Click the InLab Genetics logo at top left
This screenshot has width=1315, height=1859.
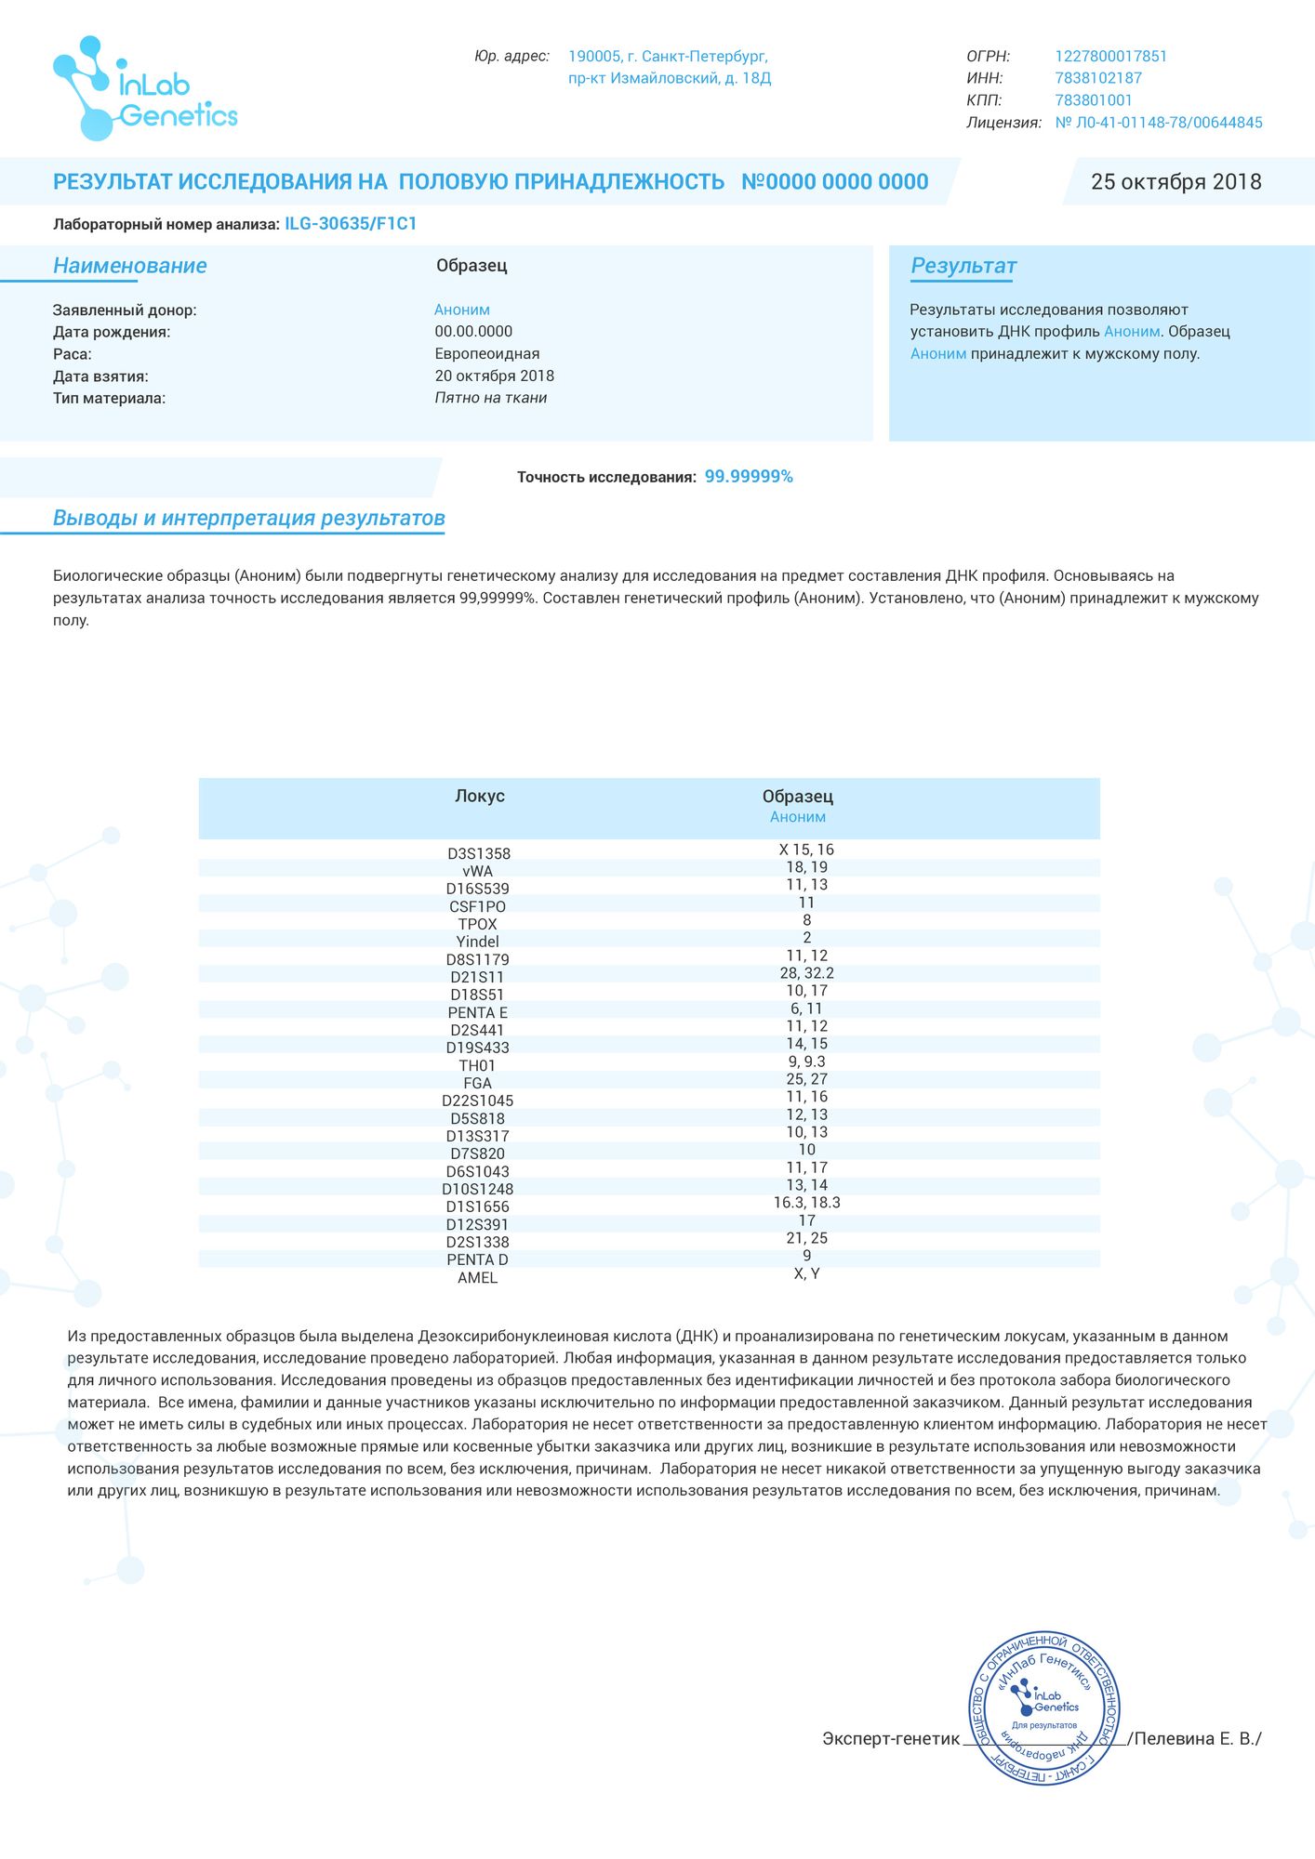pos(144,89)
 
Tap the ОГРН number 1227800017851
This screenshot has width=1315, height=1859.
pos(1110,57)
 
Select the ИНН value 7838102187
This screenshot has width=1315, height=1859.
pos(1097,79)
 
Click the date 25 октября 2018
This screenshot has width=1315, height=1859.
pos(1176,182)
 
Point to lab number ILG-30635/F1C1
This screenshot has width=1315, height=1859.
pos(351,224)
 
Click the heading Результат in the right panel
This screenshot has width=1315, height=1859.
pos(963,267)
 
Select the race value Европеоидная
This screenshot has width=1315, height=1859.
pos(486,354)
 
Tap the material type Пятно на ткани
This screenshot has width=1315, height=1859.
pos(490,399)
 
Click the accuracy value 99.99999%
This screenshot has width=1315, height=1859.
pos(749,477)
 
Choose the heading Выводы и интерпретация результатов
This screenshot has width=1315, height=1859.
pos(248,519)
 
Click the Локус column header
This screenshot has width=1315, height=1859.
pos(479,797)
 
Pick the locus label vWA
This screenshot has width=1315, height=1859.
pos(477,872)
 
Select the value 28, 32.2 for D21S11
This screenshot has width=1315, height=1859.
pos(806,973)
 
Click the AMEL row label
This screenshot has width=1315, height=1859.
pos(477,1278)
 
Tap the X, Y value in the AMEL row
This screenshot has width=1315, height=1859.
pos(806,1273)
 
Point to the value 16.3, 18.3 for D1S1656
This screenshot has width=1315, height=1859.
pos(806,1203)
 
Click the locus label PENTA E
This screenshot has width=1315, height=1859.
pos(477,1013)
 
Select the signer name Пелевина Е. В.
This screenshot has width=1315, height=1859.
pos(1197,1739)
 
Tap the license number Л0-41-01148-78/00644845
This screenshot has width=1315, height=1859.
pos(1159,123)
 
